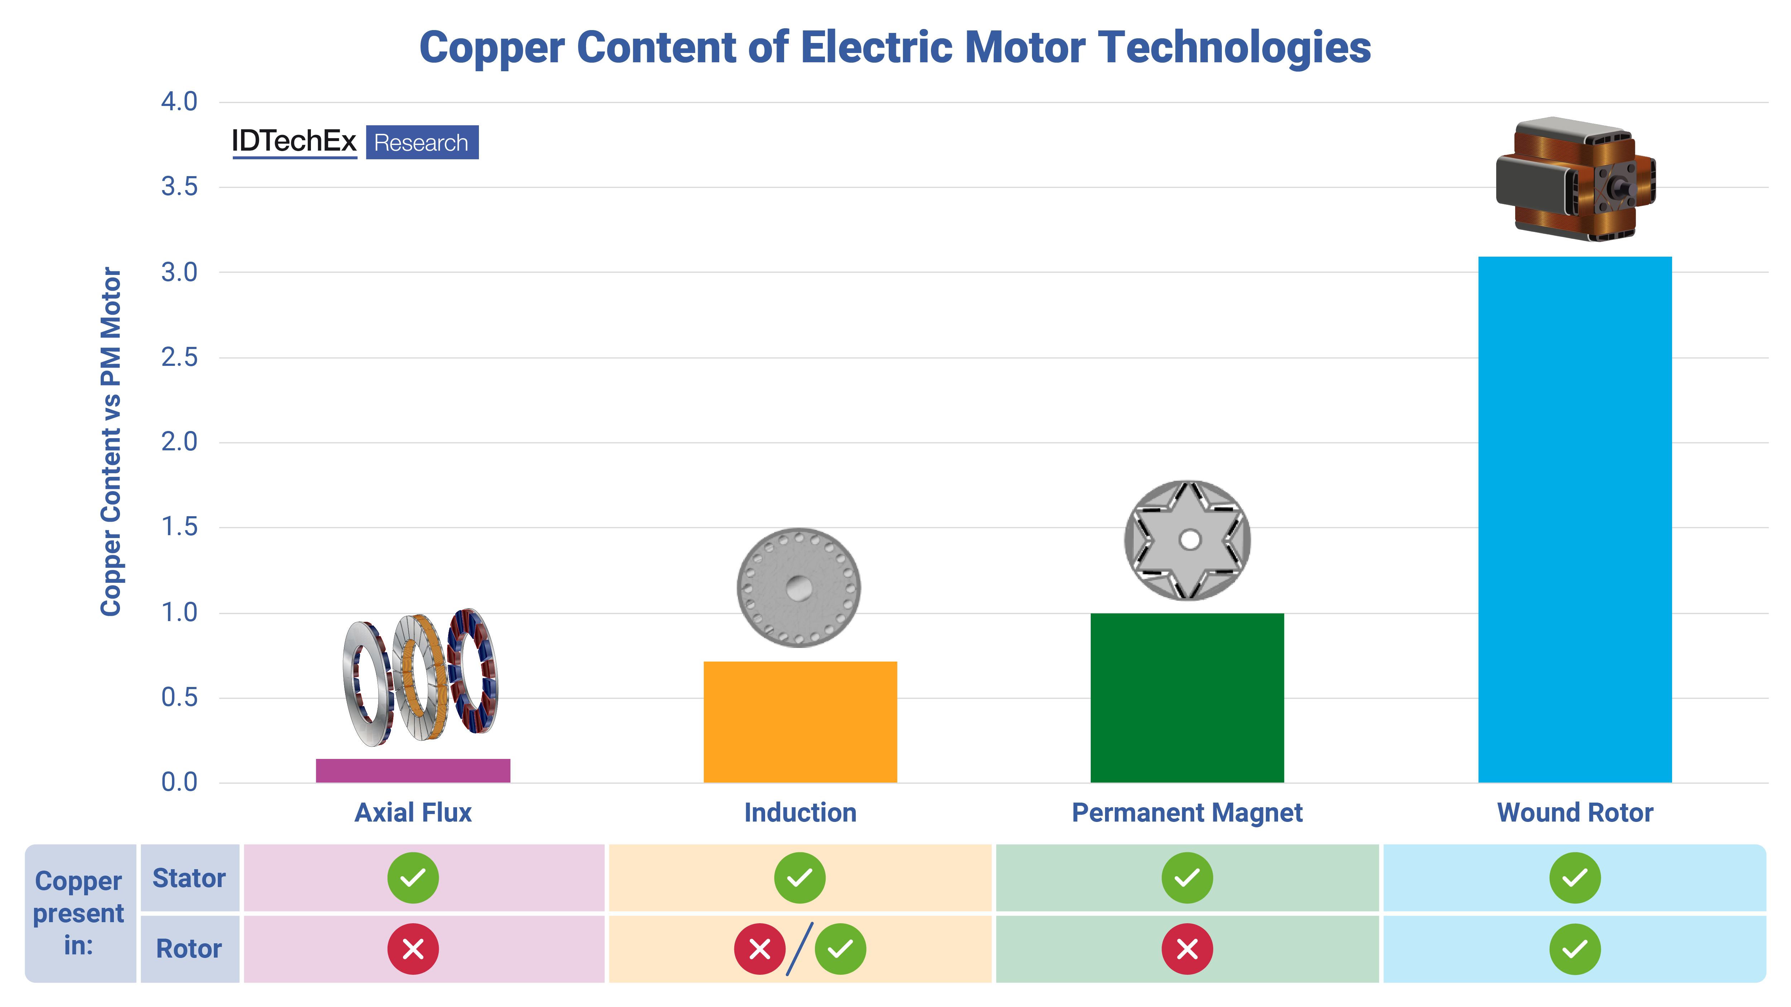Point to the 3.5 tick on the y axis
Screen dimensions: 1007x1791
click(179, 187)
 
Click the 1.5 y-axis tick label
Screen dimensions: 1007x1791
click(179, 527)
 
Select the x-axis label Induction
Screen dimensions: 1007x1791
click(800, 812)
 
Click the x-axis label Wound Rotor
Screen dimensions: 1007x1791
click(1575, 812)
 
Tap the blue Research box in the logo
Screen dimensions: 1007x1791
click(422, 142)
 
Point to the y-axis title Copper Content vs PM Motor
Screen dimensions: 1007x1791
click(111, 442)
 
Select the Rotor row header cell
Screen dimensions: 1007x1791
click(189, 949)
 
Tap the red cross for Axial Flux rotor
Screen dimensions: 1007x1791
click(413, 949)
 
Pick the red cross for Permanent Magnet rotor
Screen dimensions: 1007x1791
click(1187, 949)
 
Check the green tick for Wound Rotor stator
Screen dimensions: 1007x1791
click(1575, 878)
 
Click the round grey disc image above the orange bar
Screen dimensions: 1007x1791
click(799, 588)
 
